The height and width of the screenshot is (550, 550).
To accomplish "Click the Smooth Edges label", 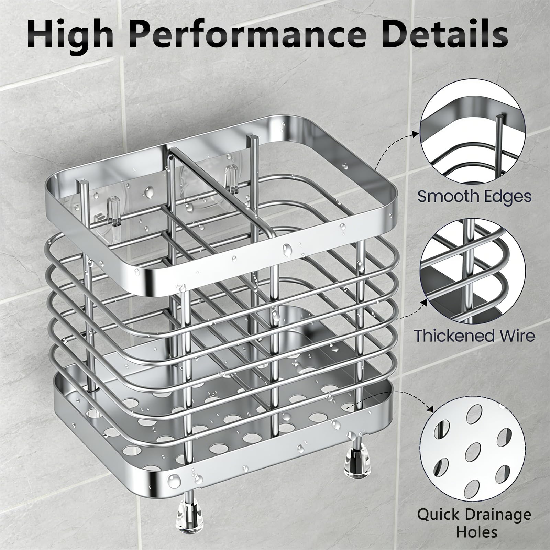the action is pyautogui.click(x=474, y=196).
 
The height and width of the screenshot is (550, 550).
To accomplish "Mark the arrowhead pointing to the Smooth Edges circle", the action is pyautogui.click(x=416, y=134).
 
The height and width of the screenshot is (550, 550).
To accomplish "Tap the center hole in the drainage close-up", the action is pyautogui.click(x=473, y=452).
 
